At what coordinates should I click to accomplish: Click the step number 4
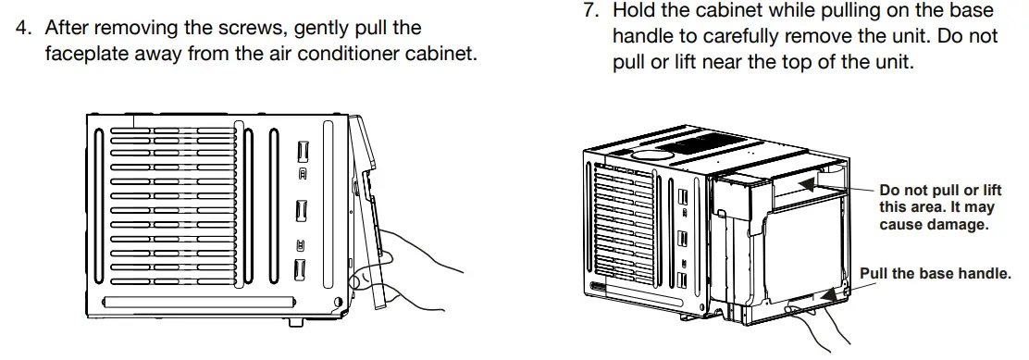(25, 29)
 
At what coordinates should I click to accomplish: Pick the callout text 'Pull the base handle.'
(936, 274)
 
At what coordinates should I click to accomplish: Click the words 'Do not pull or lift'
(940, 190)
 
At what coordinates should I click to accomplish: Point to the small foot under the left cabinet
(296, 323)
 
